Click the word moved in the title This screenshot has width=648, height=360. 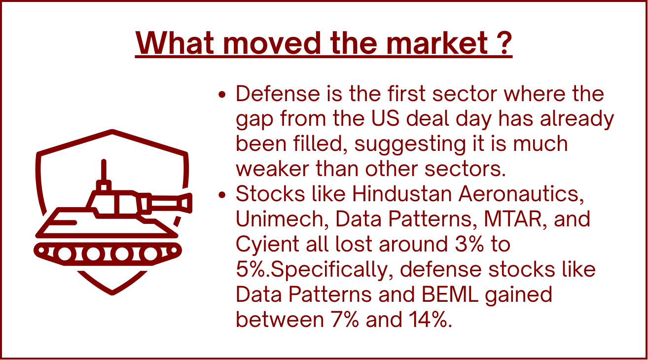point(272,43)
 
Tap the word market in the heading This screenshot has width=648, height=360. point(437,43)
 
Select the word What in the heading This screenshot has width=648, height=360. point(175,43)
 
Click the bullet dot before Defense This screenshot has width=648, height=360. point(222,94)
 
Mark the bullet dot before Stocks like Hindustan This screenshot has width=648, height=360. point(222,195)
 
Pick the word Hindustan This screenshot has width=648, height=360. point(401,194)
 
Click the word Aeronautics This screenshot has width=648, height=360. point(521,194)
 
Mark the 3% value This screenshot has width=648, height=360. point(469,244)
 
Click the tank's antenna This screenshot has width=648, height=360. point(104,170)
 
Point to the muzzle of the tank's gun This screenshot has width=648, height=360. point(187,203)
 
